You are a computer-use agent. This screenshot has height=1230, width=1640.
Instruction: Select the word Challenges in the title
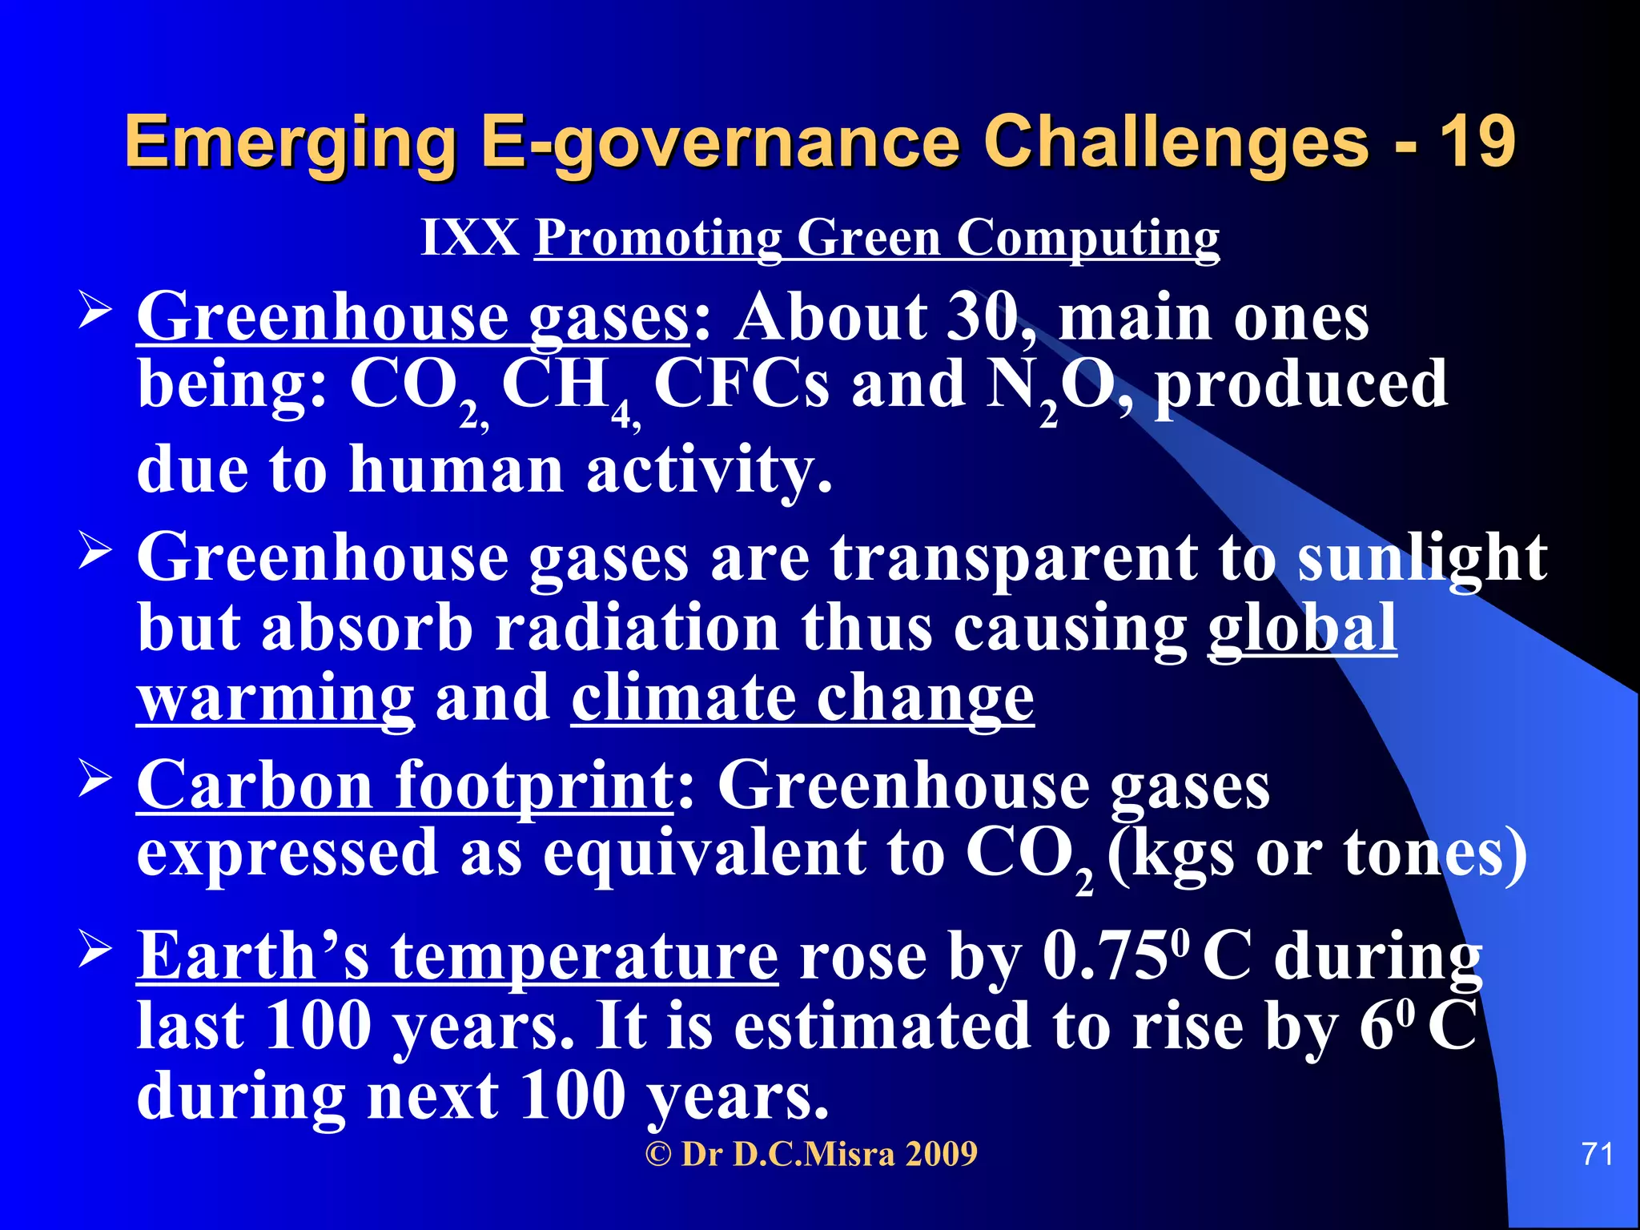(x=1176, y=143)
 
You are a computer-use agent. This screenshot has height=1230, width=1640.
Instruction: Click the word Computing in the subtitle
(x=1088, y=239)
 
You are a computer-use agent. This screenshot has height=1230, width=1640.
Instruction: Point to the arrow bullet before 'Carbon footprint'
(x=95, y=779)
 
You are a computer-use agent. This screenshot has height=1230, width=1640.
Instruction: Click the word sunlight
(x=1421, y=558)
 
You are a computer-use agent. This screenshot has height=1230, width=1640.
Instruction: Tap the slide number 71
(x=1598, y=1154)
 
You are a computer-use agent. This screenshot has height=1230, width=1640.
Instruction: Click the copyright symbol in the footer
(x=658, y=1154)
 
